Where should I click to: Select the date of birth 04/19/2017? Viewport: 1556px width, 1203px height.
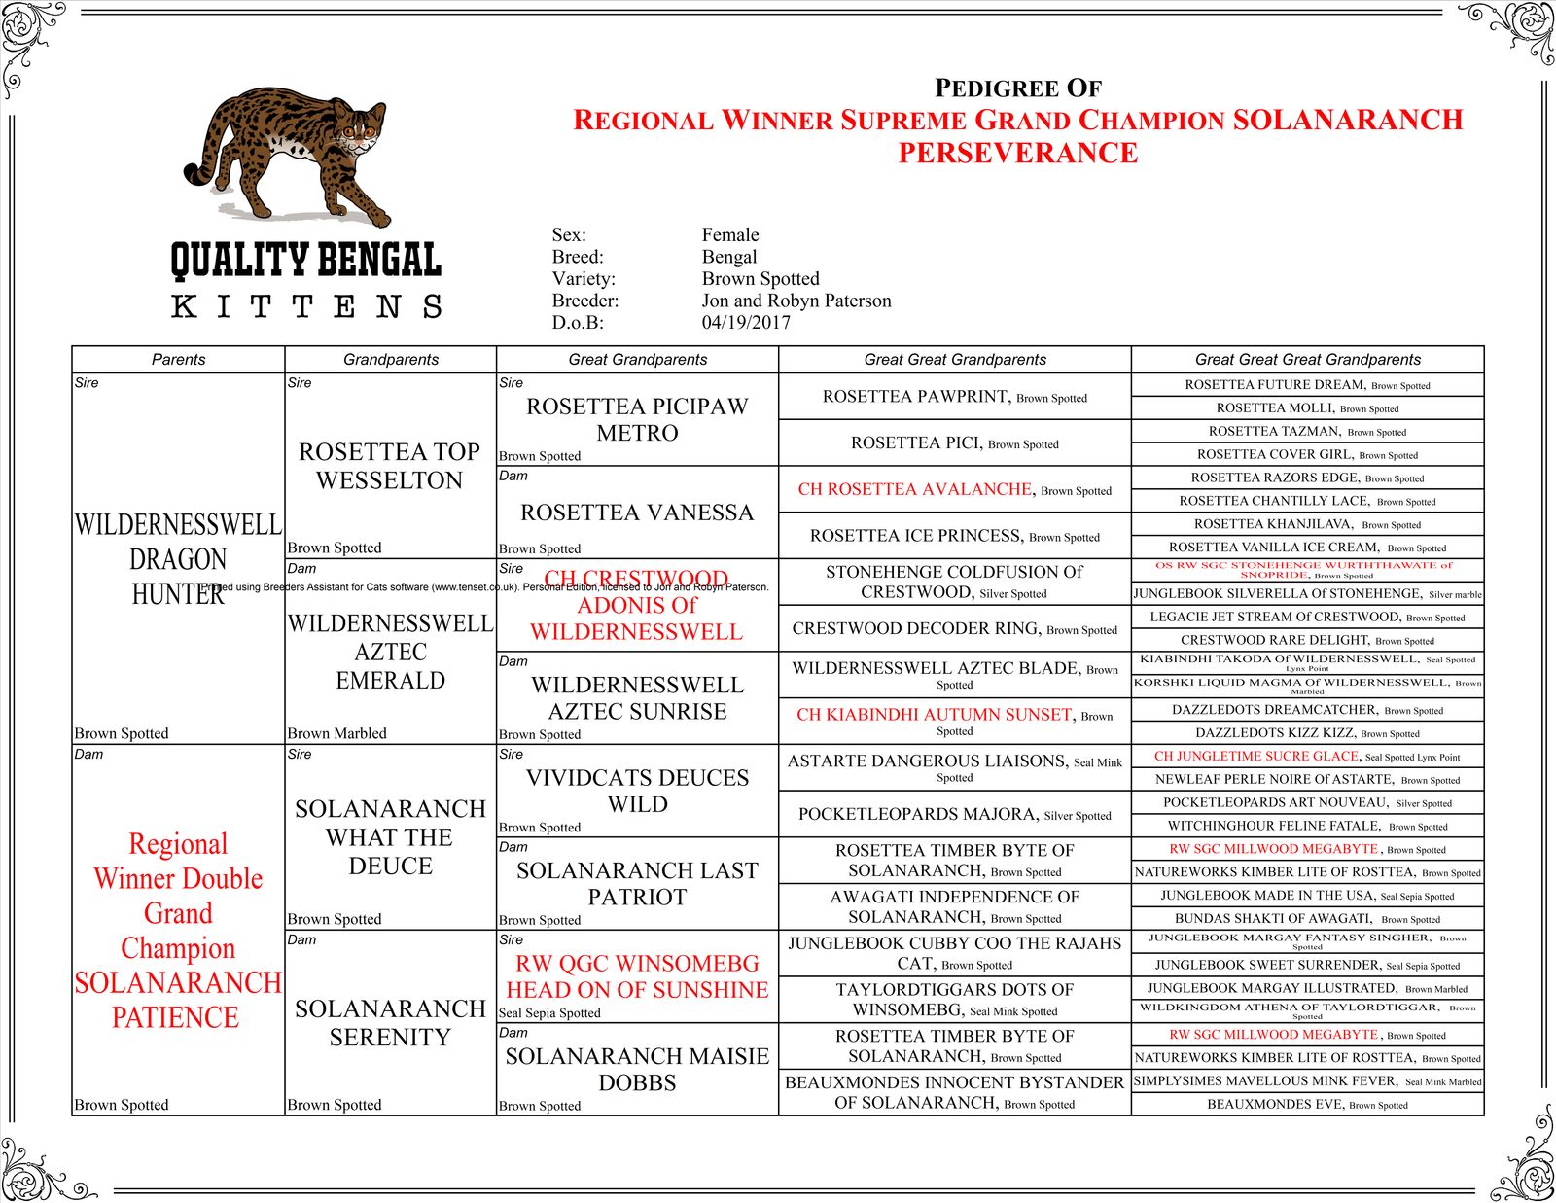[x=746, y=323]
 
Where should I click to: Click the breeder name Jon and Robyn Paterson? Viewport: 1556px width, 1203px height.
[x=796, y=301]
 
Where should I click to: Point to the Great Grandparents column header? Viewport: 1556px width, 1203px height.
[x=638, y=360]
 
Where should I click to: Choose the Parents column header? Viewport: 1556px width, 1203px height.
[x=178, y=360]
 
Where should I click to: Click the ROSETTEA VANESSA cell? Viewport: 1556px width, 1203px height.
[x=637, y=513]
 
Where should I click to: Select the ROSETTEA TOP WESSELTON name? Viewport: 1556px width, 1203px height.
[x=390, y=466]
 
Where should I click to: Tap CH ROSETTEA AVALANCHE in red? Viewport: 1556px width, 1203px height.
[x=914, y=489]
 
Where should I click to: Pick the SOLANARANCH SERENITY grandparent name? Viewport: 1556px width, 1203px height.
[x=390, y=1023]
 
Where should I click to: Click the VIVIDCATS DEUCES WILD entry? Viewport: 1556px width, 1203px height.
[x=637, y=791]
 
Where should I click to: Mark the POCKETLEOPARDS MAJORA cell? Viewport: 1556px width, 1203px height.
[x=916, y=814]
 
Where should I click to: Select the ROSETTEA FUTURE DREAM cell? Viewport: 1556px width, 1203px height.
[x=1275, y=385]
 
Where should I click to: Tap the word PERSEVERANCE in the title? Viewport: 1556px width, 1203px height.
[x=1017, y=154]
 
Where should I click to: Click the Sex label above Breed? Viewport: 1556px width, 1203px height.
[x=569, y=235]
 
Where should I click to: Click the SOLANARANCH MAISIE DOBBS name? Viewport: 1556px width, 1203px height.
[x=637, y=1069]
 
